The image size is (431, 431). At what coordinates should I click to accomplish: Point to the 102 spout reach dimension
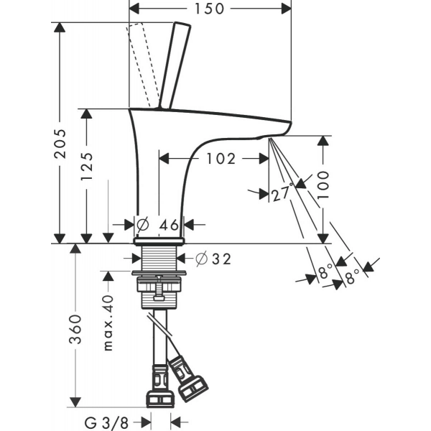click(x=220, y=159)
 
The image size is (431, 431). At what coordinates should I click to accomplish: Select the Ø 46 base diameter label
click(x=159, y=224)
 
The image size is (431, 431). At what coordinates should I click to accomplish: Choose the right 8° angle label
click(x=353, y=277)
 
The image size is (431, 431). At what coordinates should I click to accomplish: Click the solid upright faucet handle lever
click(x=175, y=65)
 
